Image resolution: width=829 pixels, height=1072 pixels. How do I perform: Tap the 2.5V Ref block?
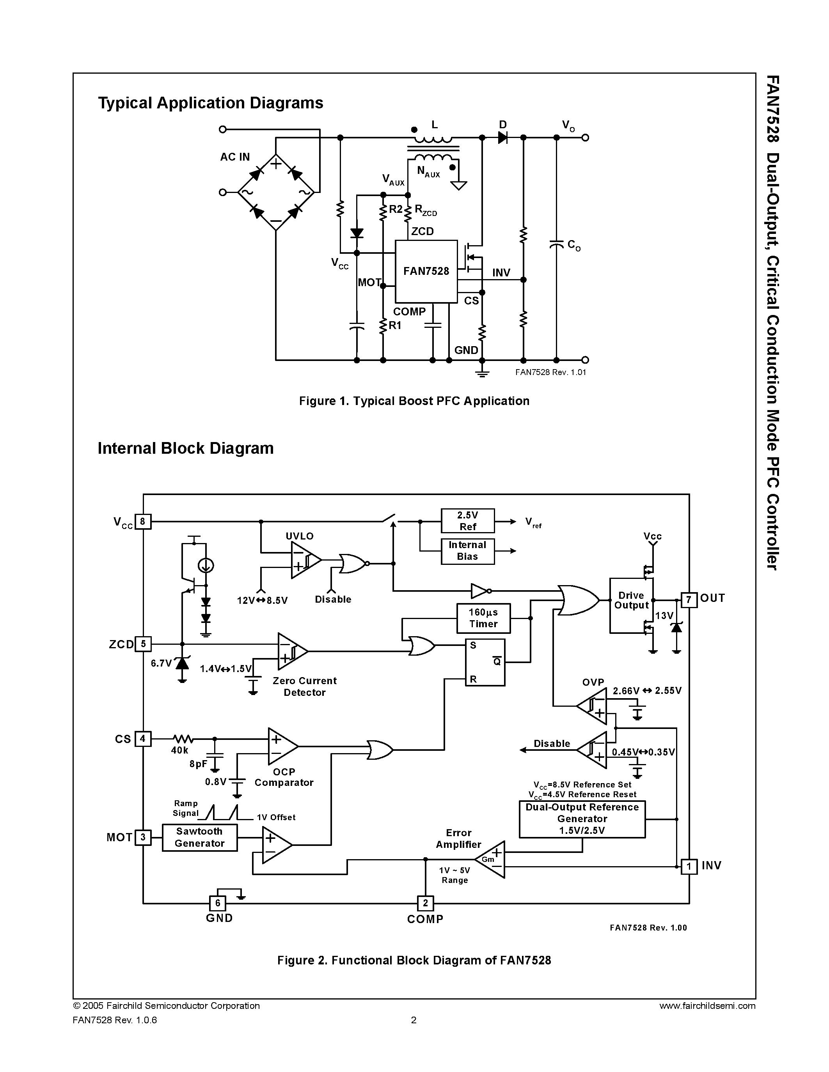[x=467, y=521]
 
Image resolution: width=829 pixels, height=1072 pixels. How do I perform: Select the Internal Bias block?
[x=467, y=551]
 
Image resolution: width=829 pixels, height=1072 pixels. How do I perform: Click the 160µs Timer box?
[x=483, y=618]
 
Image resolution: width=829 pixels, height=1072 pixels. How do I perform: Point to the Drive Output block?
[x=631, y=605]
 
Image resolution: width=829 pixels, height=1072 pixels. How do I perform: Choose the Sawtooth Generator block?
[x=199, y=837]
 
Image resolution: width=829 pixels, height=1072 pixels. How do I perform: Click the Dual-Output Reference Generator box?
[x=582, y=819]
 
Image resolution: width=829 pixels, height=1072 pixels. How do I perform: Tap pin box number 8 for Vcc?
[x=143, y=521]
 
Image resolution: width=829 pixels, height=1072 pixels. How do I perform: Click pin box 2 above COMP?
[x=425, y=903]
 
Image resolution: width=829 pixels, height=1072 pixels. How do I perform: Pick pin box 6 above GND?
[x=218, y=903]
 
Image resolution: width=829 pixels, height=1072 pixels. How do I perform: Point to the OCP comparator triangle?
[x=281, y=746]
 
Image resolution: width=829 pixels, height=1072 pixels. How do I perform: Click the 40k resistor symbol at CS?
[x=183, y=739]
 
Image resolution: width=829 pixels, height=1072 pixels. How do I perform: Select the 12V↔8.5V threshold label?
[x=262, y=600]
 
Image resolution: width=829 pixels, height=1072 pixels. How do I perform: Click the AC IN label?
[x=235, y=157]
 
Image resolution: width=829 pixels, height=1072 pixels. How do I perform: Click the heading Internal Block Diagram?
[x=186, y=448]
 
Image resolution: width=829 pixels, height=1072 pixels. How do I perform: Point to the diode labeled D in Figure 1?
[x=502, y=138]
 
